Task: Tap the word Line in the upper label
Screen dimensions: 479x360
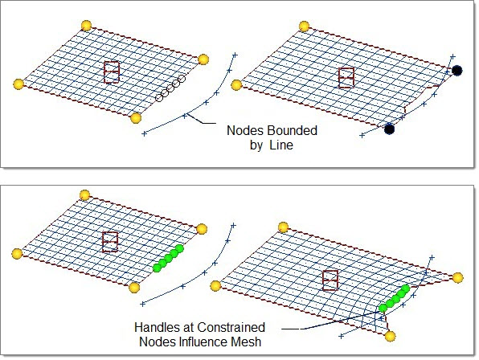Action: click(281, 145)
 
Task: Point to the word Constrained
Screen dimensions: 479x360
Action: click(231, 327)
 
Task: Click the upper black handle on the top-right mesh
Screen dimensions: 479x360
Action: click(456, 71)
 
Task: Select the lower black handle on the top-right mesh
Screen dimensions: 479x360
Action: click(389, 129)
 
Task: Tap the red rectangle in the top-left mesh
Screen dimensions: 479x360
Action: click(112, 72)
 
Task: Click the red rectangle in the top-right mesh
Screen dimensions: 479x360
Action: click(346, 78)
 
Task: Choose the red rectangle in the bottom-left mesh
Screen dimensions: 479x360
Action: click(110, 242)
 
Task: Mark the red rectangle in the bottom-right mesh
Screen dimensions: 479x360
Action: click(330, 280)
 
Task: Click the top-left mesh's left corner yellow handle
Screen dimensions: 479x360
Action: click(18, 84)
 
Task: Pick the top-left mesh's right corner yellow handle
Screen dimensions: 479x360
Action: click(203, 59)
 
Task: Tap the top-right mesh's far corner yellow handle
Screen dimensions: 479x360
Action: click(304, 27)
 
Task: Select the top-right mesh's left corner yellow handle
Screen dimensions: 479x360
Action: click(236, 85)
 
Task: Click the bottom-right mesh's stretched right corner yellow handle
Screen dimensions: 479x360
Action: click(457, 277)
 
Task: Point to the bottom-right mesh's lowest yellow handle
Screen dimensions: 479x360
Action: click(390, 336)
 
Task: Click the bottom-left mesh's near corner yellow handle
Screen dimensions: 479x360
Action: click(134, 288)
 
